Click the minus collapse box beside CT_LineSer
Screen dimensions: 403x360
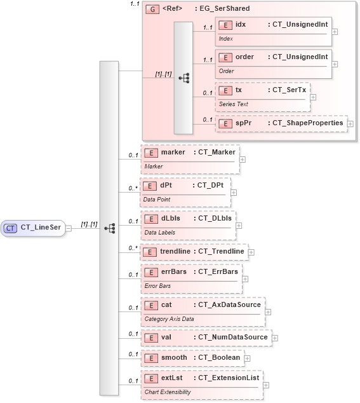[x=69, y=228]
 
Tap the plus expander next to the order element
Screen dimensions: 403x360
[x=335, y=64]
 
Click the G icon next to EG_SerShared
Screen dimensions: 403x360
[x=152, y=9]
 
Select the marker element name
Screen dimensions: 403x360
[x=173, y=153]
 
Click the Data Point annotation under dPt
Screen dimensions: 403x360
[x=156, y=200]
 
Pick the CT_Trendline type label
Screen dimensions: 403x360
[x=222, y=252]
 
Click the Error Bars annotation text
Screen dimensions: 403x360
[x=157, y=286]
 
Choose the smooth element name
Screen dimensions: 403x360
[x=174, y=358]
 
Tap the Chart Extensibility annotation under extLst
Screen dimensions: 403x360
[x=167, y=392]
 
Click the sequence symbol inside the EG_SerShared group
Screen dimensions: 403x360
[x=183, y=78]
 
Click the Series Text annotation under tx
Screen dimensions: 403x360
[x=233, y=104]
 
